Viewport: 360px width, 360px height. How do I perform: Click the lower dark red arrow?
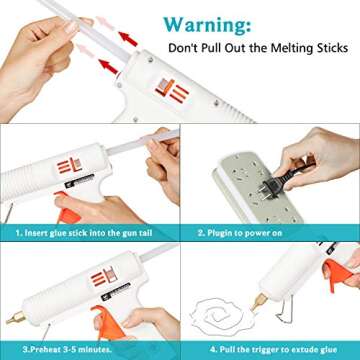click(x=107, y=67)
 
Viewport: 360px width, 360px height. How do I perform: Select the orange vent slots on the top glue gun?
click(x=177, y=93)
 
